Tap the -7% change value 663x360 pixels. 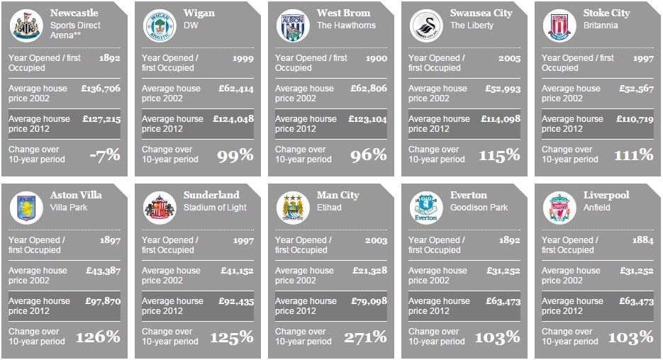tap(104, 155)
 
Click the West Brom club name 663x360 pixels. tap(343, 13)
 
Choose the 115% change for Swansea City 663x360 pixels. tap(498, 155)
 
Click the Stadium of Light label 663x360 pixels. tap(216, 208)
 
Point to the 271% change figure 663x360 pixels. tap(365, 337)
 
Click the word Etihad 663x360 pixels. tap(329, 208)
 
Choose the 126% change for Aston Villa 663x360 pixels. tap(98, 337)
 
